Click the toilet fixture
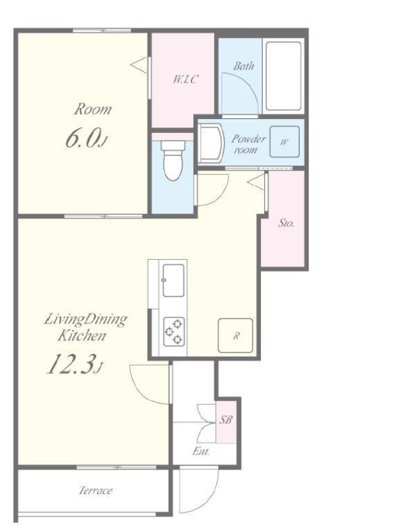pyautogui.click(x=173, y=160)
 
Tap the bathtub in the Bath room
pyautogui.click(x=283, y=76)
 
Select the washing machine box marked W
pyautogui.click(x=284, y=141)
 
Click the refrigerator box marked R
pyautogui.click(x=235, y=335)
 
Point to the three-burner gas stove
pyautogui.click(x=174, y=332)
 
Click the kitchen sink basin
pyautogui.click(x=173, y=281)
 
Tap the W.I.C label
pyautogui.click(x=185, y=80)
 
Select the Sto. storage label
pyautogui.click(x=286, y=223)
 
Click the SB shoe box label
pyautogui.click(x=226, y=420)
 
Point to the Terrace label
pyautogui.click(x=96, y=490)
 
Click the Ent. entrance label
pyautogui.click(x=201, y=451)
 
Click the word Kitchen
pyautogui.click(x=82, y=336)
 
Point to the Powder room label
pyautogui.click(x=248, y=144)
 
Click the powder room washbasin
pyautogui.click(x=212, y=143)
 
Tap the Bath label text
pyautogui.click(x=243, y=66)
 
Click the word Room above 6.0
pyautogui.click(x=93, y=109)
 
